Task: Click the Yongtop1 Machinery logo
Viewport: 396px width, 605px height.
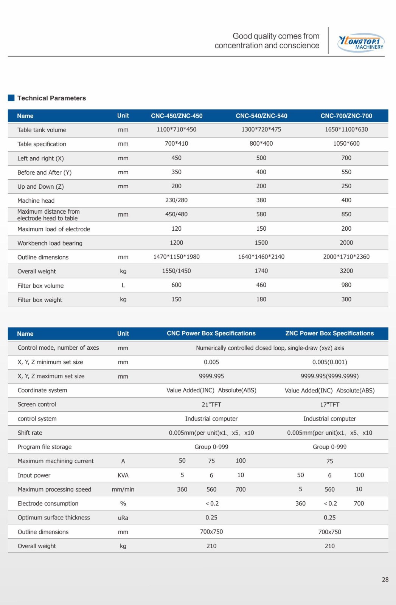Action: click(x=361, y=43)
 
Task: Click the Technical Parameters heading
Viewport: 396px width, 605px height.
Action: click(x=51, y=98)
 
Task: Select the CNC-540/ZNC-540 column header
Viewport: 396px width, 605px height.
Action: click(x=261, y=116)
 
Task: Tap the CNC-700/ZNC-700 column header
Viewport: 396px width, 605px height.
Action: click(x=346, y=116)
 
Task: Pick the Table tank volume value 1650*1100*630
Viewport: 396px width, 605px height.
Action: click(x=346, y=129)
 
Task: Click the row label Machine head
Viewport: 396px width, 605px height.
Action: click(x=36, y=200)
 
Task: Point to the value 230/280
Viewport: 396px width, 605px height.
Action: click(x=176, y=200)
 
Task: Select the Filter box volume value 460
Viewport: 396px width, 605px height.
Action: click(x=261, y=285)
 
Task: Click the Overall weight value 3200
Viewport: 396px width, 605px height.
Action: click(x=346, y=271)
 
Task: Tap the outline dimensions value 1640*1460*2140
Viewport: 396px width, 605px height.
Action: click(x=261, y=257)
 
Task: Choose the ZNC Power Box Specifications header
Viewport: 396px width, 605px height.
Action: click(x=329, y=333)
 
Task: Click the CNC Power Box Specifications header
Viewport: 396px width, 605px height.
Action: click(x=211, y=333)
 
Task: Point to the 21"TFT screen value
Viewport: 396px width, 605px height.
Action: click(x=211, y=405)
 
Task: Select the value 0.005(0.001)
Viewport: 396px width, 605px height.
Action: click(x=329, y=362)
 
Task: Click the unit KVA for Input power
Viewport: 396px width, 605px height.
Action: click(x=123, y=475)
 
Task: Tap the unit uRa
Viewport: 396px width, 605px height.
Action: click(x=123, y=518)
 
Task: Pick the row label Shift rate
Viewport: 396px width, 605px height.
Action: click(x=30, y=433)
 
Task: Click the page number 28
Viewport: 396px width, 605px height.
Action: click(x=385, y=580)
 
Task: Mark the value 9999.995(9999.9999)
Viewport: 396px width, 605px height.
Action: click(x=329, y=376)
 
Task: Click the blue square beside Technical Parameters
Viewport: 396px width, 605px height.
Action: click(x=11, y=98)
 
